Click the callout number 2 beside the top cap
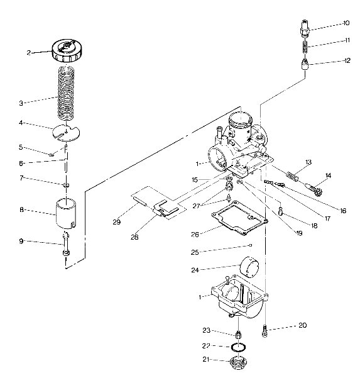tap(29, 53)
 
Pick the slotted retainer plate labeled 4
tap(67, 130)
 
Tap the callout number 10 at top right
tap(346, 23)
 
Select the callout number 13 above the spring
tap(308, 162)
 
